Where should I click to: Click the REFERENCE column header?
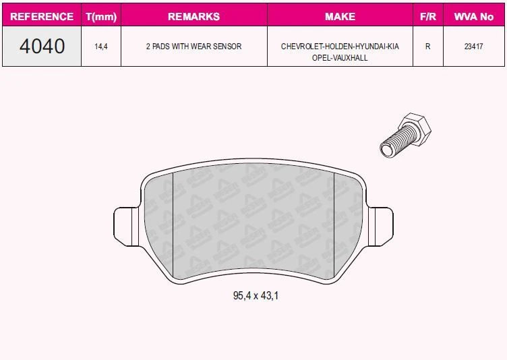pyautogui.click(x=42, y=16)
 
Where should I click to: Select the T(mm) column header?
pyautogui.click(x=101, y=16)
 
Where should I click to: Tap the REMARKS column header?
pyautogui.click(x=193, y=16)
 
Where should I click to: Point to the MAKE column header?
pyautogui.click(x=340, y=16)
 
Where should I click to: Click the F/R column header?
pyautogui.click(x=427, y=16)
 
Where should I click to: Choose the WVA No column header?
pyautogui.click(x=474, y=16)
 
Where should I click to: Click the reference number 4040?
pyautogui.click(x=42, y=46)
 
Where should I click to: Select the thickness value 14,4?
pyautogui.click(x=101, y=47)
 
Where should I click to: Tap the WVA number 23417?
pyautogui.click(x=474, y=47)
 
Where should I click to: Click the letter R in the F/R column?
pyautogui.click(x=427, y=47)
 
